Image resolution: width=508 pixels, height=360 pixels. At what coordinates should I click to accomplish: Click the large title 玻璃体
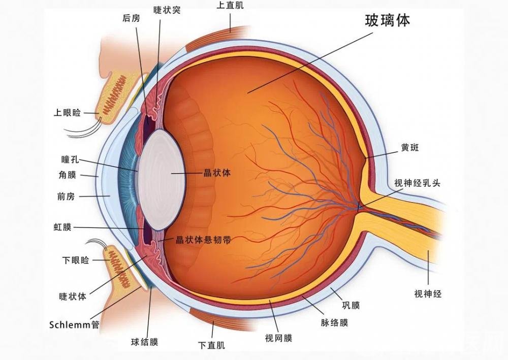(388, 20)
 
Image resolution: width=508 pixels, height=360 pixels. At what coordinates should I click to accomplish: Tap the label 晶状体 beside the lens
(217, 173)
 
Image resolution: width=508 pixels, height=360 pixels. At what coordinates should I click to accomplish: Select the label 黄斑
(410, 148)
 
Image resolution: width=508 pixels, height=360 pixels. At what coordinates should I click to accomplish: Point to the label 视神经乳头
(417, 183)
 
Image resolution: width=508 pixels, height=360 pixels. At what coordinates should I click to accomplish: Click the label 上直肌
(230, 6)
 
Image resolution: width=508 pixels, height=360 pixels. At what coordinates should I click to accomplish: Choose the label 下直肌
(211, 345)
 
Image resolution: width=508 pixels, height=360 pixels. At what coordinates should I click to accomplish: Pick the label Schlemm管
(74, 324)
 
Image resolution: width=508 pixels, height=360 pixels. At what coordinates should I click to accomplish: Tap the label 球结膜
(144, 342)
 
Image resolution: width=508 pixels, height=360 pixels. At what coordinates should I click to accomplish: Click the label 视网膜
(278, 338)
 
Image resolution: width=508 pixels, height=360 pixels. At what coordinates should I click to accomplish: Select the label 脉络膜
(334, 323)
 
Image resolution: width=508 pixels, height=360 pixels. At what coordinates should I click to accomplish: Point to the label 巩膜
(351, 305)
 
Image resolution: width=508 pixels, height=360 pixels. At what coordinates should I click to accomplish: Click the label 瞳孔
(70, 159)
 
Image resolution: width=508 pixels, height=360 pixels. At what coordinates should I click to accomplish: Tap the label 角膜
(68, 175)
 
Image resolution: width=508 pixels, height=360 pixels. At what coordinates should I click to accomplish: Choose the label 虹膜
(62, 227)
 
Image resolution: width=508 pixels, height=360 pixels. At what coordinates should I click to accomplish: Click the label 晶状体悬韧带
(203, 240)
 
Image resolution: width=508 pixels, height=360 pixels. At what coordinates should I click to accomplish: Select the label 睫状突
(167, 10)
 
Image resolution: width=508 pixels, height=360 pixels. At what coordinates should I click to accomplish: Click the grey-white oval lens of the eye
(162, 180)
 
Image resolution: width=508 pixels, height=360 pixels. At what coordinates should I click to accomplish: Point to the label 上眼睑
(67, 113)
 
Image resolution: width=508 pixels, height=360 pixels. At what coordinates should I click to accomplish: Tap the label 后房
(131, 18)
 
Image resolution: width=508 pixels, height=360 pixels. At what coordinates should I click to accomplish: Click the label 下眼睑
(76, 260)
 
